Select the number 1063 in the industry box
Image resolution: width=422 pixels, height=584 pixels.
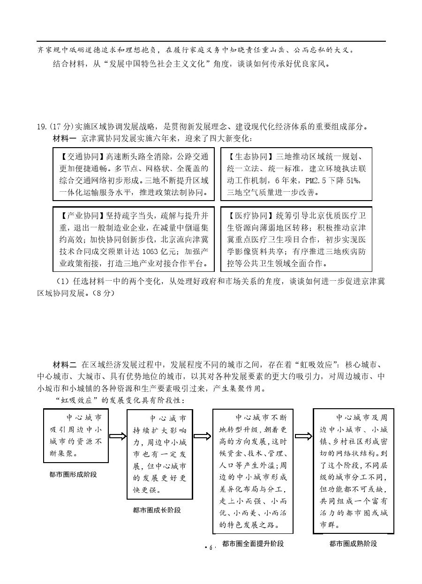[x=148, y=251]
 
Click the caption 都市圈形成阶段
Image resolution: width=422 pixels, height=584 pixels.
[x=73, y=475]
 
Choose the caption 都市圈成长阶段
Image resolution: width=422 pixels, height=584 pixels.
[x=157, y=510]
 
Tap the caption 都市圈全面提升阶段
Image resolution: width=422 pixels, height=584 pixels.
[x=253, y=544]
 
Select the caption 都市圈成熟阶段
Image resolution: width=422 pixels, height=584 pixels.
[x=353, y=544]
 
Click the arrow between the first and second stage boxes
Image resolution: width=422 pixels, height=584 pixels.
[x=118, y=436]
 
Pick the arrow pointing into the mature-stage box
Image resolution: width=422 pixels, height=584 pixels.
[x=303, y=436]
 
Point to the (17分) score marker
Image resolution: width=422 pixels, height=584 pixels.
[x=62, y=127]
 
